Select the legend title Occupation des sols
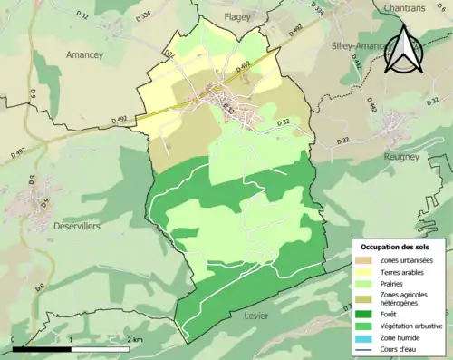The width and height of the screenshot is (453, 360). (400, 247)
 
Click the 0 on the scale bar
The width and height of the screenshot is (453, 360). (14, 339)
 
